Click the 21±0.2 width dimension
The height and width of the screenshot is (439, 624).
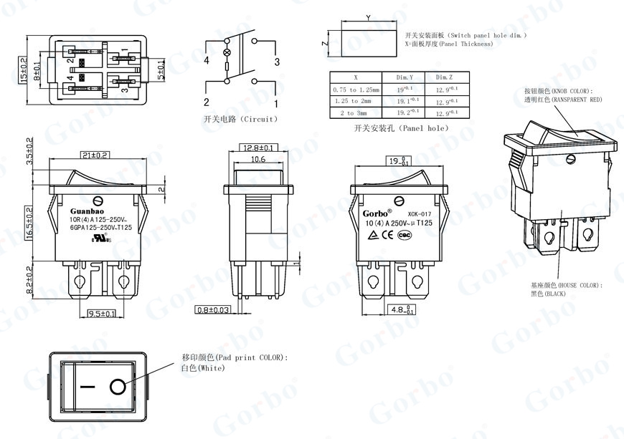(95, 155)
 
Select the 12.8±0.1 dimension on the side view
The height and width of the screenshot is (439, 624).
(259, 147)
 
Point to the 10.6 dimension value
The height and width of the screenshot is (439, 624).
(258, 159)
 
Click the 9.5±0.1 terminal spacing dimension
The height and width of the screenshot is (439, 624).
(103, 314)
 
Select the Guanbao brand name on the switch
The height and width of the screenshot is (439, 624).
(87, 211)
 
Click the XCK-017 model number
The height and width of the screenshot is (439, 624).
(419, 213)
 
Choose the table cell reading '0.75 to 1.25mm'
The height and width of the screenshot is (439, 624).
(356, 90)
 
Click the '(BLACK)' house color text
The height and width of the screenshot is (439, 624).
(555, 294)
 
